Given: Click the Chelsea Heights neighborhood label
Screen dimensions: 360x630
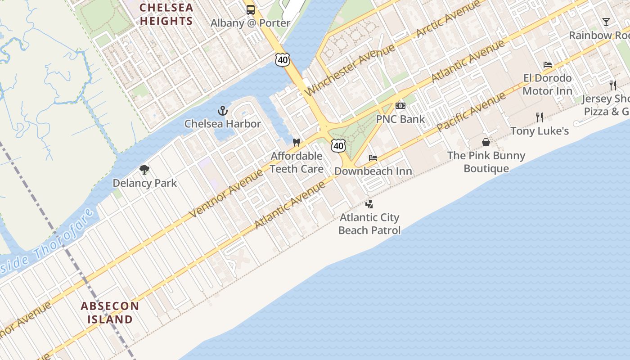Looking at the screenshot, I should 166,14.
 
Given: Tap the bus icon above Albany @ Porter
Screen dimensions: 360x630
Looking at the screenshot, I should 251,10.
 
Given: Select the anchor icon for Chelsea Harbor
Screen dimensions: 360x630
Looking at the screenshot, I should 222,110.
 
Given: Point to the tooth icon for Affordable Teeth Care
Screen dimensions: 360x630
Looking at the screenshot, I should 296,143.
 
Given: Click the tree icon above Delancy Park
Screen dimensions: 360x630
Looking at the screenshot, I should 144,170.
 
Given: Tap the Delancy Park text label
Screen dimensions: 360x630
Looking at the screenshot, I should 144,183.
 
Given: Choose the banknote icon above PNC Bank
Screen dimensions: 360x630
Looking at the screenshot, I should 400,106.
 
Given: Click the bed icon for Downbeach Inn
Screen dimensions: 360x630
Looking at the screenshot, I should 373,158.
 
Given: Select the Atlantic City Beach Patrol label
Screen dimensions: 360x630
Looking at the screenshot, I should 369,224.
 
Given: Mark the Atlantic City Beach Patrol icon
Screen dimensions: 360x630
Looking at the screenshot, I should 369,204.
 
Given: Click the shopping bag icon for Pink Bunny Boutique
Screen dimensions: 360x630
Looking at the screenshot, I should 486,142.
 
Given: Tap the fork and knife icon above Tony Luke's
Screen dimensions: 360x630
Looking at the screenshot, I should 540,117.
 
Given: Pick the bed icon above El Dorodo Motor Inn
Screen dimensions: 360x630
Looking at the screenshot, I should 548,65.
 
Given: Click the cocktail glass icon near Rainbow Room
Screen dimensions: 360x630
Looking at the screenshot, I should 606,22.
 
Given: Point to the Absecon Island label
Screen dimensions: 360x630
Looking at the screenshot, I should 110,313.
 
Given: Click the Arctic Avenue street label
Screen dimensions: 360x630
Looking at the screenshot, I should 448,20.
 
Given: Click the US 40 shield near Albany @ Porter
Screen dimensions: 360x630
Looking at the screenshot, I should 283,59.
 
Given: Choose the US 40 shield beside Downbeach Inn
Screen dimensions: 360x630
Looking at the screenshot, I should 338,145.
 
